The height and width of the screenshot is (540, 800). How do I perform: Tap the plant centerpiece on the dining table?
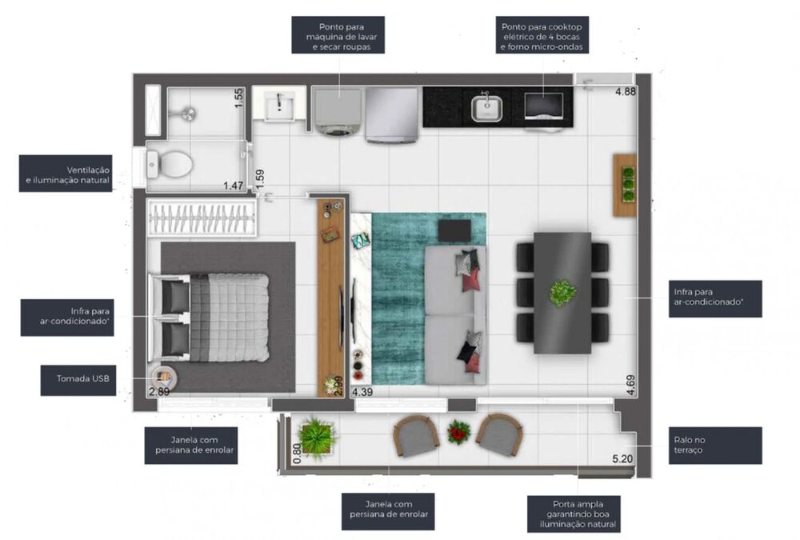pyautogui.click(x=562, y=292)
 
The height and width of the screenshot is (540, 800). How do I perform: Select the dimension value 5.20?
pyautogui.click(x=622, y=459)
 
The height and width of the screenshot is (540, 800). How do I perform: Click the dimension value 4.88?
pyautogui.click(x=625, y=92)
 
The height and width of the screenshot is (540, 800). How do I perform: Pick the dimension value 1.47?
pyautogui.click(x=233, y=186)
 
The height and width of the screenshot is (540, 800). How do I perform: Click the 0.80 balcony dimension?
pyautogui.click(x=298, y=452)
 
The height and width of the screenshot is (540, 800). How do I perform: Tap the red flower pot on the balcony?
pyautogui.click(x=458, y=432)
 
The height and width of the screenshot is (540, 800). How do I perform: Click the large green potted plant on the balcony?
pyautogui.click(x=318, y=437)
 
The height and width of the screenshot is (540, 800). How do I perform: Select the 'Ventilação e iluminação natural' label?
pyautogui.click(x=66, y=173)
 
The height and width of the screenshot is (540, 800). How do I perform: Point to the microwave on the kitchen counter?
pyautogui.click(x=543, y=106)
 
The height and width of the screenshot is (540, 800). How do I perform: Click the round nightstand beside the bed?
pyautogui.click(x=163, y=377)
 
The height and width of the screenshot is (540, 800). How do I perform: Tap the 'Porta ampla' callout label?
pyautogui.click(x=573, y=514)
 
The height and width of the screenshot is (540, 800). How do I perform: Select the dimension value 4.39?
pyautogui.click(x=362, y=392)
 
